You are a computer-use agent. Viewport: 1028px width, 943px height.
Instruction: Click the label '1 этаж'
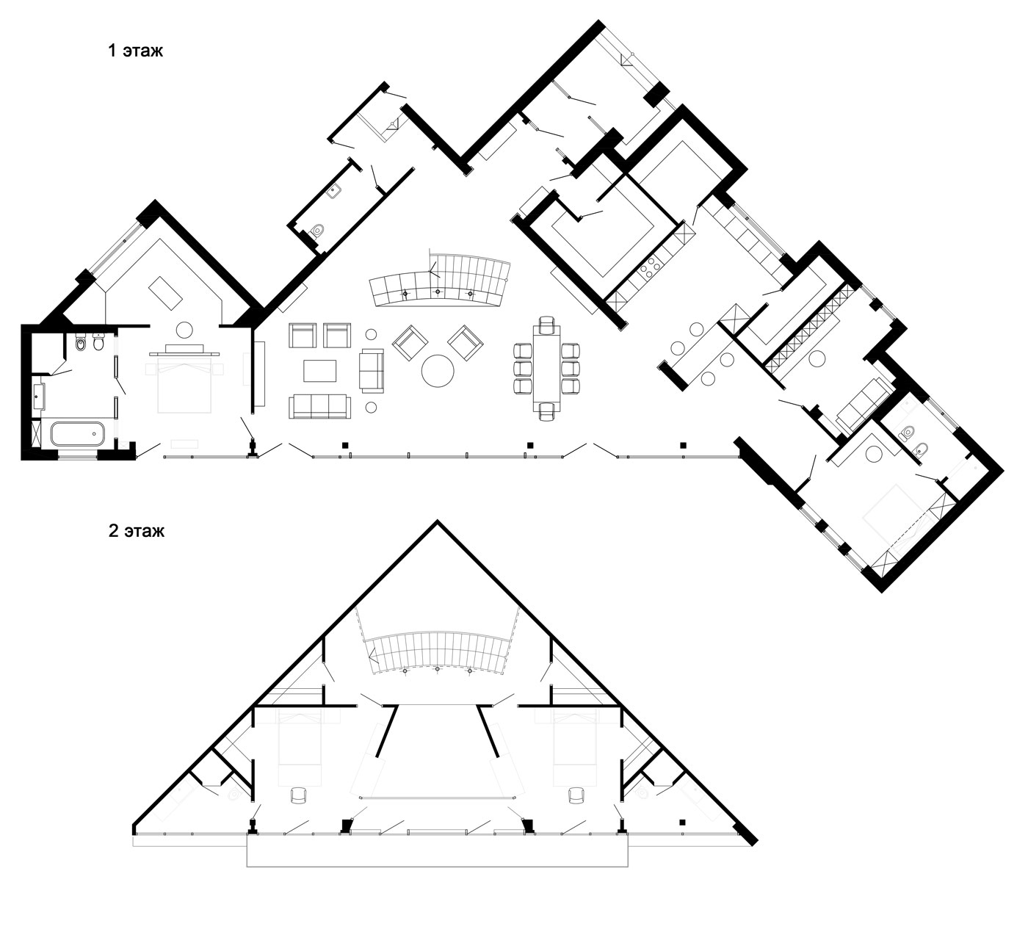pos(135,51)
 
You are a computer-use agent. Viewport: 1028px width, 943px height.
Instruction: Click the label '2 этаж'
pos(137,530)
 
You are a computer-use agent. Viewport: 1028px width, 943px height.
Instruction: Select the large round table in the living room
pos(437,371)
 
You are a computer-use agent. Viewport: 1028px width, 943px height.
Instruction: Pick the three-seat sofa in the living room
pos(319,407)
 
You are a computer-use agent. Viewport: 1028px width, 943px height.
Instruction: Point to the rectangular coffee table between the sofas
pos(319,371)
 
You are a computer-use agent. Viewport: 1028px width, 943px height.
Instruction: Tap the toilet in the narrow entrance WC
pos(318,230)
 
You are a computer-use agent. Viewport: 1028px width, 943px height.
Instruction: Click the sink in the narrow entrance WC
pos(336,191)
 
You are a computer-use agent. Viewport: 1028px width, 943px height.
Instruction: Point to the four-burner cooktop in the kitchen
pos(650,267)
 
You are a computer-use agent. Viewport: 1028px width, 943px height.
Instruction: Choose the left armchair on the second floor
pos(298,795)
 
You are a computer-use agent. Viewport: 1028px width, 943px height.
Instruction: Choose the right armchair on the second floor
pos(576,795)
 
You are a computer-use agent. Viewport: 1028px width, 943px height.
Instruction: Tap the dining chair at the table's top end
pos(547,323)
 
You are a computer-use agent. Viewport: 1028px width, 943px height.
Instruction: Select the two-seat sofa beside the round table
pos(371,370)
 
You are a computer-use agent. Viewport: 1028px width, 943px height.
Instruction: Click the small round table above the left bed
pos(184,330)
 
